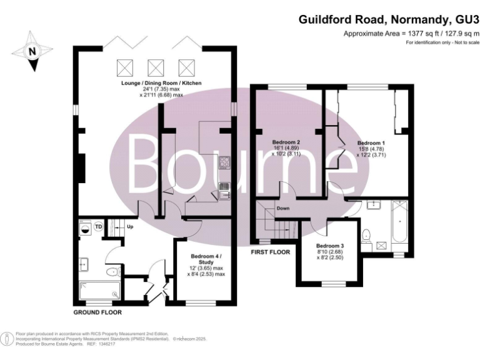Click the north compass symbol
(x=32, y=51)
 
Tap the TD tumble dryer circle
(x=98, y=227)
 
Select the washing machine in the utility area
(x=84, y=228)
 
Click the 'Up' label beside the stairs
(x=130, y=226)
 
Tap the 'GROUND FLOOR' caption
(x=97, y=312)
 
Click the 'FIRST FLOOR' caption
(x=270, y=252)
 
